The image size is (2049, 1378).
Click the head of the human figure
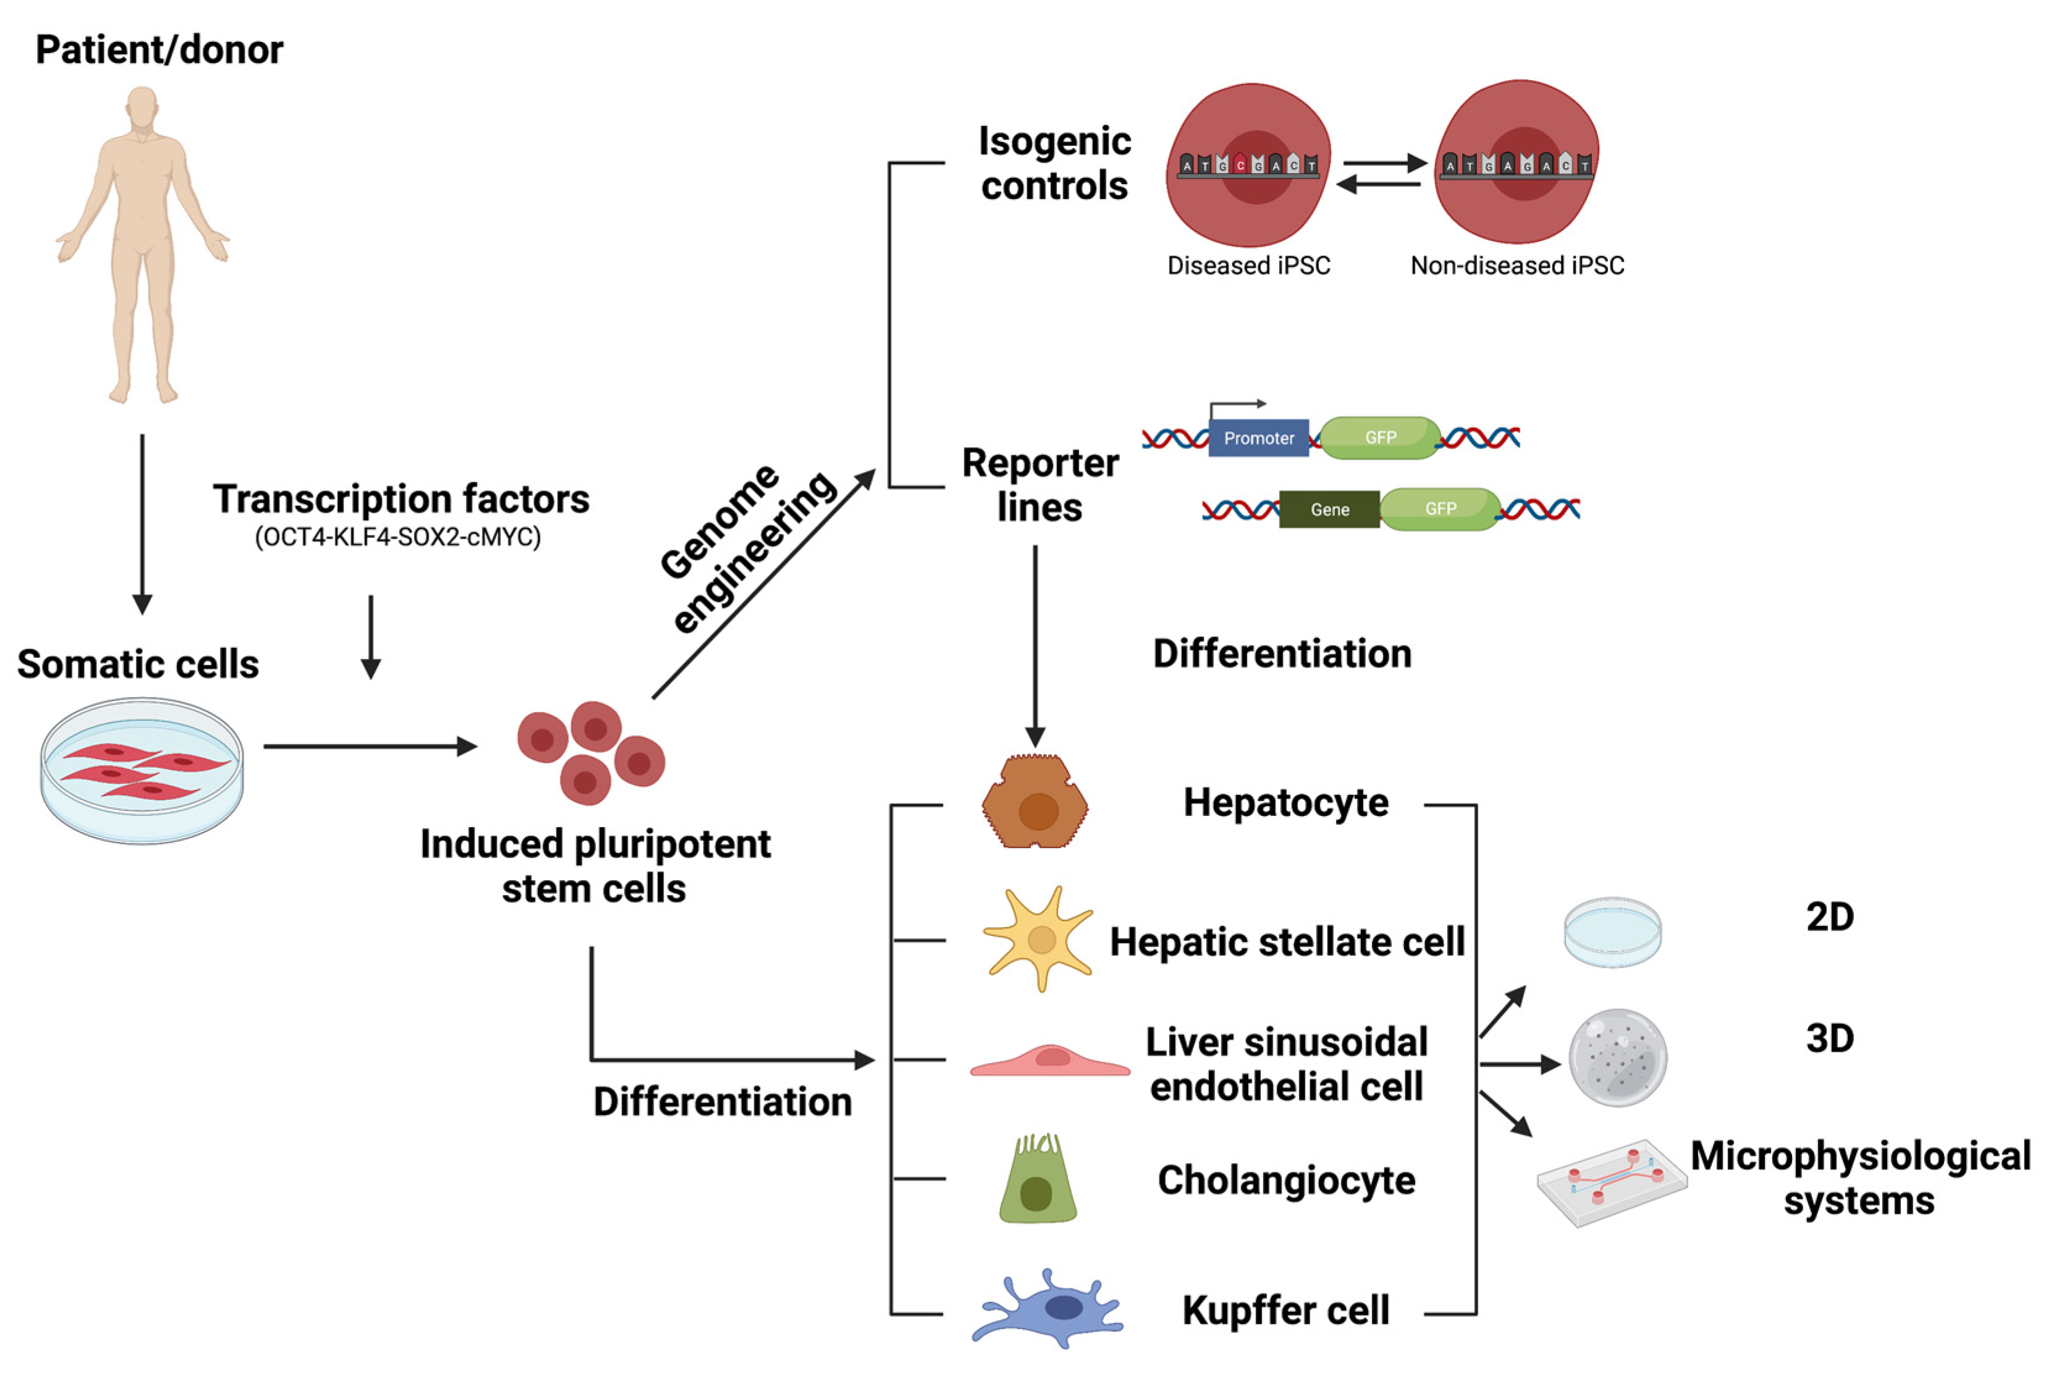(142, 107)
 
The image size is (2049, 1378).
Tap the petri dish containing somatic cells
(141, 771)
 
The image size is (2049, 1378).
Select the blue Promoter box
(1258, 438)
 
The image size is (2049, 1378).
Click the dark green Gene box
(1329, 510)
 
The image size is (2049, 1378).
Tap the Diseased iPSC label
(1248, 266)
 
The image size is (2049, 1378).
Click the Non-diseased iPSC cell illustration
(1517, 162)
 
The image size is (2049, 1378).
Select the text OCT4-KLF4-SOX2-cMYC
(397, 537)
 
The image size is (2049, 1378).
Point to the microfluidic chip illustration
(1612, 1183)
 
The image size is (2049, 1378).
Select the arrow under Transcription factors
(371, 637)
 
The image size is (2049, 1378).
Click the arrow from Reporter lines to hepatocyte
(1035, 646)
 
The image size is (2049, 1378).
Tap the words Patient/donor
(159, 50)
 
